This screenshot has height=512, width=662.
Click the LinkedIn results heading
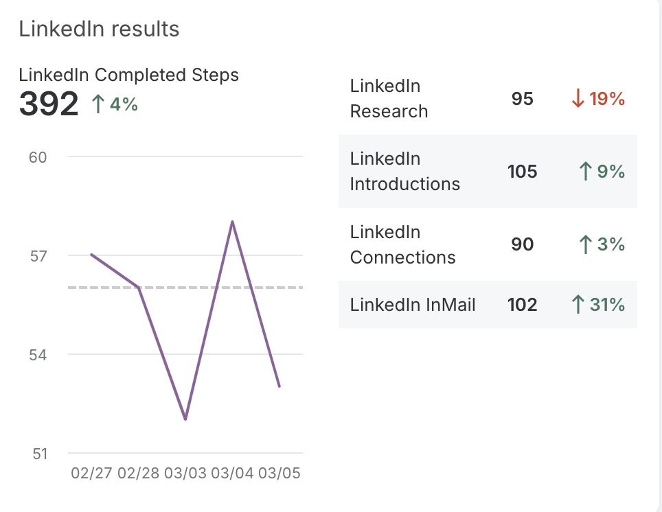pos(99,29)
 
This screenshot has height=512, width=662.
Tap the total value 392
pos(48,104)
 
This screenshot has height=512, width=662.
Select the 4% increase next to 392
pos(115,104)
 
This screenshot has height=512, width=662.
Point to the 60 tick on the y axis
pos(38,157)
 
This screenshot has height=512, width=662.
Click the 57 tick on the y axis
pos(38,256)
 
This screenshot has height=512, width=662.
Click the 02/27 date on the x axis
pos(91,474)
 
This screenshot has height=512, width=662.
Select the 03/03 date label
pos(185,474)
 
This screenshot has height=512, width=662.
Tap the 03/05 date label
pos(279,474)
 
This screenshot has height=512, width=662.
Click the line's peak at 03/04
pos(233,222)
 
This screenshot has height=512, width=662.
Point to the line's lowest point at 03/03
pos(185,419)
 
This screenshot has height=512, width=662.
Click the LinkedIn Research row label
pos(389,99)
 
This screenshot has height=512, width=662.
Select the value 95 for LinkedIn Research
pos(523,99)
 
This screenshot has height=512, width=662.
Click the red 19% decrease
pos(598,99)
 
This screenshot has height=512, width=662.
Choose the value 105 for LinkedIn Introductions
pos(523,172)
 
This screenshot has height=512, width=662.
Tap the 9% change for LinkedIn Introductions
pos(602,172)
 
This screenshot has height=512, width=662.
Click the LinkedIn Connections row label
pos(402,245)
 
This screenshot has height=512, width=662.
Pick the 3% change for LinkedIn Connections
pos(602,244)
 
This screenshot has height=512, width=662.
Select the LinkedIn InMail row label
pos(413,305)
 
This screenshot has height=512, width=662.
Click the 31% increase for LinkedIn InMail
pos(598,305)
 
